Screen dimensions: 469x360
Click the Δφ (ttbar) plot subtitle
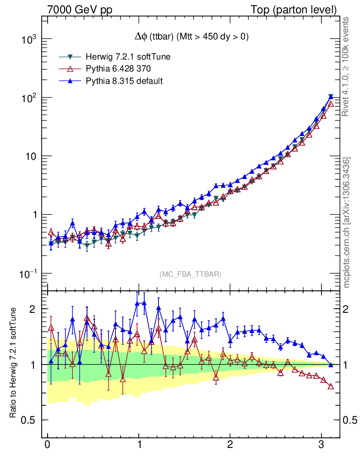click(188, 37)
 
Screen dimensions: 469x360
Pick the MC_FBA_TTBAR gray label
click(190, 274)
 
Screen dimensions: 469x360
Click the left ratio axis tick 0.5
click(31, 420)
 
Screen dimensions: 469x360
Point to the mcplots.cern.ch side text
click(347, 223)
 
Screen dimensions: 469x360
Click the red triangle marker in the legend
click(70, 69)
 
